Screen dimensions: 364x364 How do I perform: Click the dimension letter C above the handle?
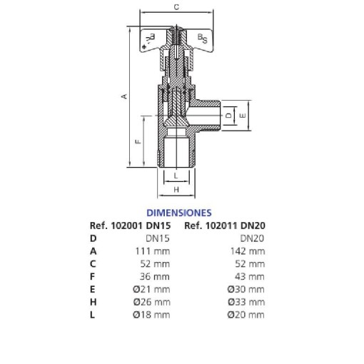(x=176, y=7)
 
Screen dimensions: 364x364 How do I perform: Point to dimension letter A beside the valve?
(x=124, y=96)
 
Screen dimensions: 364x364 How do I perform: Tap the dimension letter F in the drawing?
(x=138, y=141)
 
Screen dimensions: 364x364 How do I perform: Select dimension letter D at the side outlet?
(x=228, y=116)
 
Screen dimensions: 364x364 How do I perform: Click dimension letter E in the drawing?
(x=243, y=116)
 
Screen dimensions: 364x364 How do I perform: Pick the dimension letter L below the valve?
(x=176, y=176)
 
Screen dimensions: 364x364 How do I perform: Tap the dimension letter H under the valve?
(x=176, y=190)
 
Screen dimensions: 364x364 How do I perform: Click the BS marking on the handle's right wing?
(x=203, y=39)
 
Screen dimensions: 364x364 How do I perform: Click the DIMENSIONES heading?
(x=179, y=213)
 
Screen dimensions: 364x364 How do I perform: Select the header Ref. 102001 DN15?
(x=130, y=226)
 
